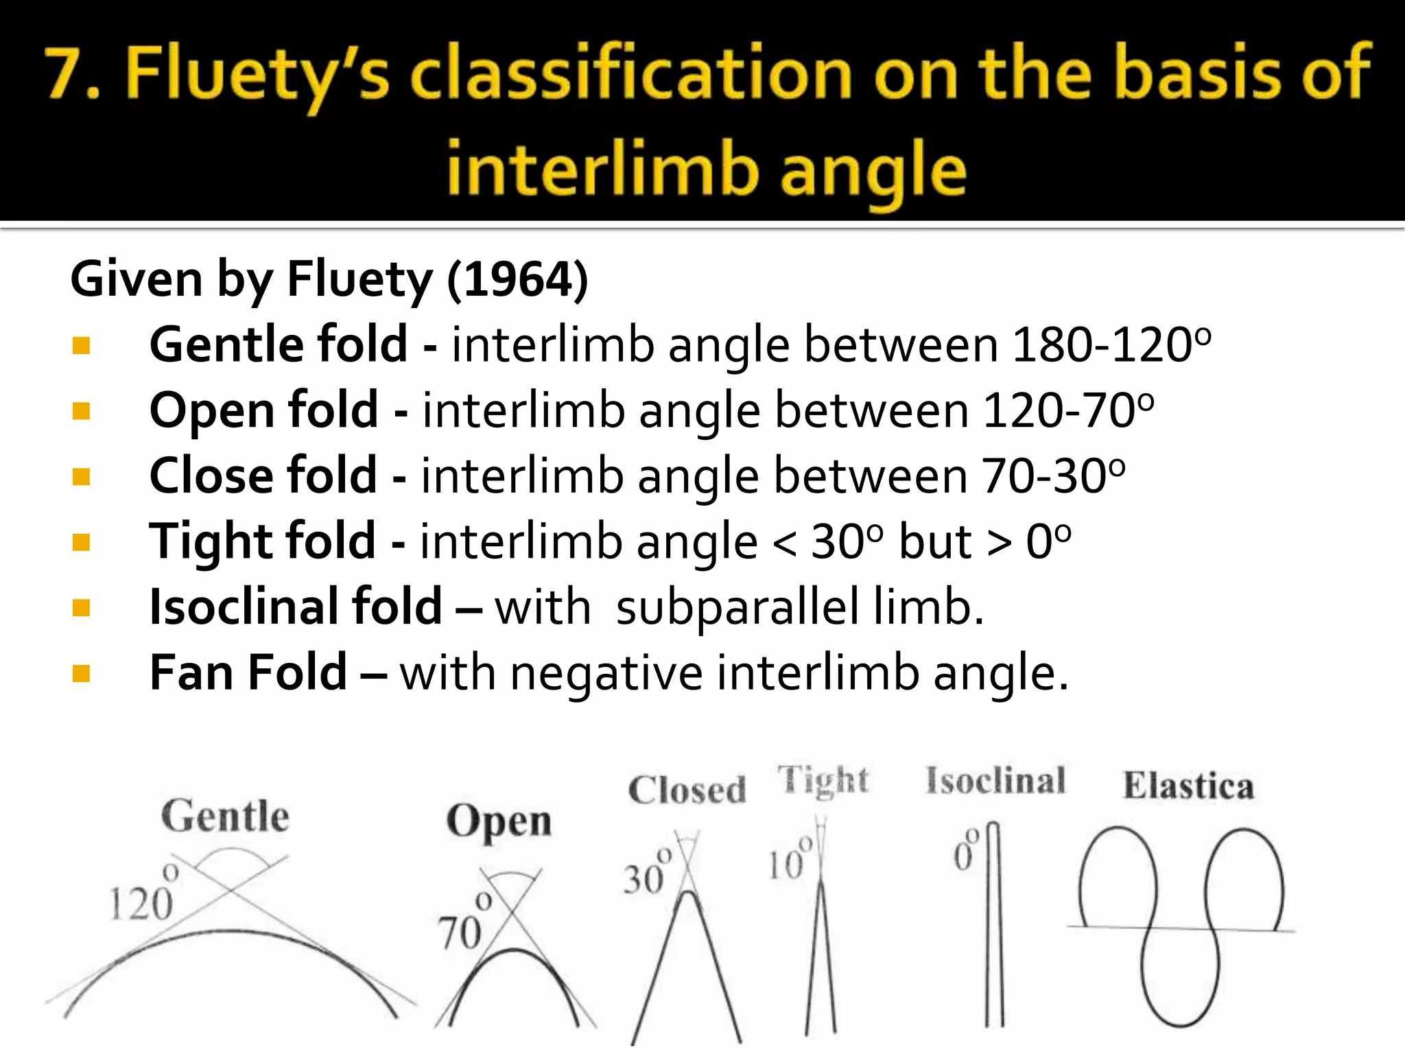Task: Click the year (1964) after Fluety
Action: [517, 280]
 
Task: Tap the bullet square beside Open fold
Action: [81, 410]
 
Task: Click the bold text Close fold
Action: [263, 475]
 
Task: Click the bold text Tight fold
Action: [262, 541]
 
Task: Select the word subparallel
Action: [737, 607]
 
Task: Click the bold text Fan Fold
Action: [248, 672]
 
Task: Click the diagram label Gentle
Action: [225, 817]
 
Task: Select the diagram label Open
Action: [499, 821]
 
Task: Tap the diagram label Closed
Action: [687, 790]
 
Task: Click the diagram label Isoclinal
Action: [995, 781]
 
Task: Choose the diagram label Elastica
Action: [1188, 786]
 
